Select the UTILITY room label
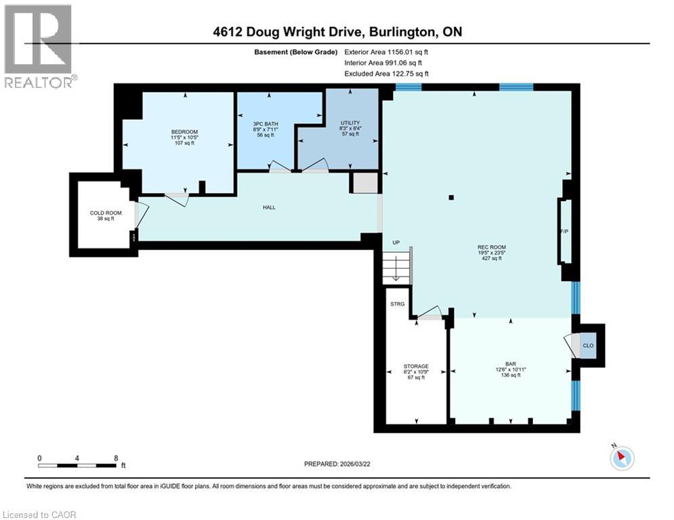350,123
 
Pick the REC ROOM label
492,247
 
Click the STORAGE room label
416,366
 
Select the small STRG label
398,304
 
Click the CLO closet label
588,345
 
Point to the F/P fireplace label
563,232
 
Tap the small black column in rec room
451,198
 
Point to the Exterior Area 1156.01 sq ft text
385,51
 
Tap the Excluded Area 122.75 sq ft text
386,73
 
